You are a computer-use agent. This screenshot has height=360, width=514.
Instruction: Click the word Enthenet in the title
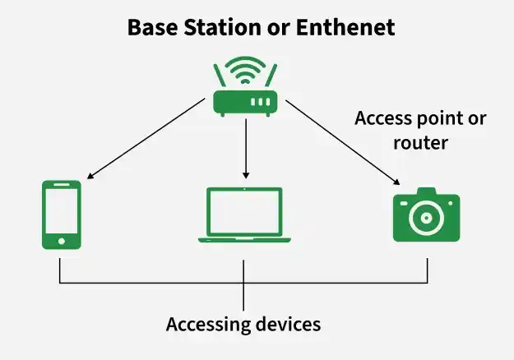[345, 27]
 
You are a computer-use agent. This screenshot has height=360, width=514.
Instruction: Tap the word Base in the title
[152, 27]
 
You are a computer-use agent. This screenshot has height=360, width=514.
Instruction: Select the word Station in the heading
[222, 27]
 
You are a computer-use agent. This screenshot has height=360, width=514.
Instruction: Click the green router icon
[245, 86]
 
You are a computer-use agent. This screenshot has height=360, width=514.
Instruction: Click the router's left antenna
[220, 76]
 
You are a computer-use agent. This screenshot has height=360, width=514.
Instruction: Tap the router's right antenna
[271, 76]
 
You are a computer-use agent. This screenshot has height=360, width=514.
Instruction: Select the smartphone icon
[62, 215]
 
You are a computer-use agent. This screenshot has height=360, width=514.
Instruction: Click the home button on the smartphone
[62, 242]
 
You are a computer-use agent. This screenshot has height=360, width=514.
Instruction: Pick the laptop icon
[244, 215]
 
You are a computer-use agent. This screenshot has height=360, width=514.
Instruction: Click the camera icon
[427, 215]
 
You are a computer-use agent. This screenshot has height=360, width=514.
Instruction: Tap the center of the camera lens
[427, 218]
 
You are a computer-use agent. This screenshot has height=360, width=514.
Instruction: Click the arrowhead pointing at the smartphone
[90, 176]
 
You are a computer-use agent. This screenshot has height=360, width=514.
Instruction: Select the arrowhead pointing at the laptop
[246, 175]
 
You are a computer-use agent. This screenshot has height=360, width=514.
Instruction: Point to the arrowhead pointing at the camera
[396, 182]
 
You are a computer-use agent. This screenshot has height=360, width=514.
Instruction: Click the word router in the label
[420, 143]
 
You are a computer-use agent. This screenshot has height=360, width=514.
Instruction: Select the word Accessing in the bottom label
[208, 325]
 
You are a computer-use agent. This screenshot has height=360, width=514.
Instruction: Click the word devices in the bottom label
[288, 325]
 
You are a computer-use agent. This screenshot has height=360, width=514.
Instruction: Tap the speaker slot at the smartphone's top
[62, 185]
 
